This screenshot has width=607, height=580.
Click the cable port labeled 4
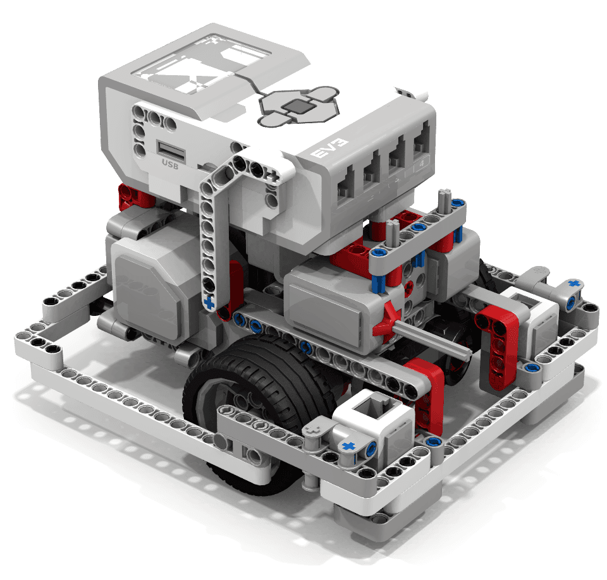420,147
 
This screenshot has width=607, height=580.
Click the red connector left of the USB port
130,196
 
